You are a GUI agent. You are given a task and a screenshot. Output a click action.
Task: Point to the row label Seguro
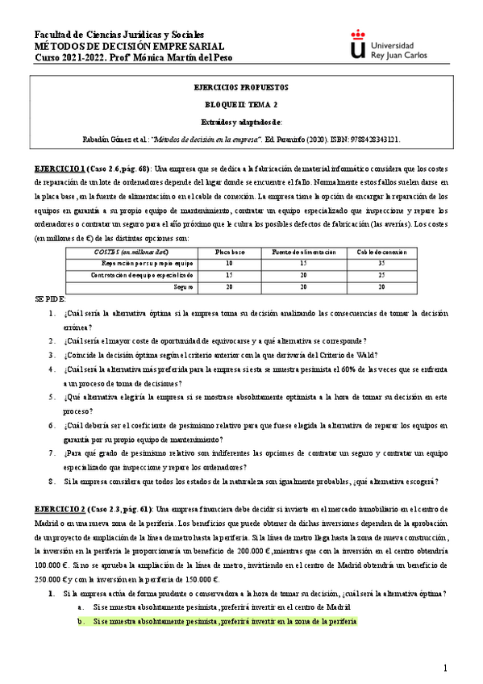point(182,286)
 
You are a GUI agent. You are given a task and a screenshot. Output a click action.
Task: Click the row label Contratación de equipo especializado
point(142,275)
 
